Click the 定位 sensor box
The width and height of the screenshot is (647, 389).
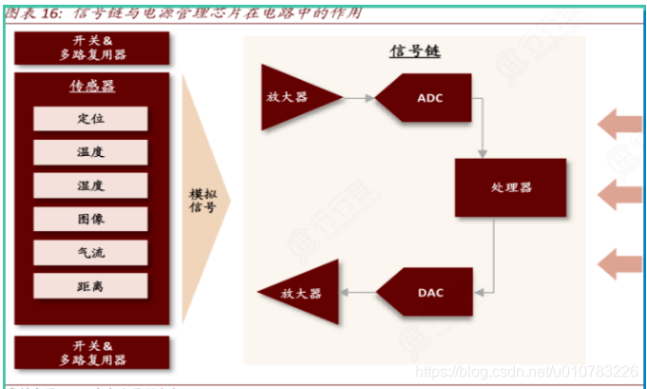coord(91,119)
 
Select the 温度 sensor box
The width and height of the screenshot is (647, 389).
coord(91,152)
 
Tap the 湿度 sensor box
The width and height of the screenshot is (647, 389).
coord(91,185)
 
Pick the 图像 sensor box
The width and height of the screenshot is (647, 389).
coord(91,219)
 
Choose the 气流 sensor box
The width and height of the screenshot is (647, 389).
coord(91,252)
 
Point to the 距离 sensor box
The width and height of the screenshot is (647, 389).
coord(91,285)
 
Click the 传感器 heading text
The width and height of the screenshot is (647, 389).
coord(91,87)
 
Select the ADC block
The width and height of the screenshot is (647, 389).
coord(426,97)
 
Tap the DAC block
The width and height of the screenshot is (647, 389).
coord(426,292)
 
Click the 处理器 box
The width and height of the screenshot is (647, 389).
coord(511,187)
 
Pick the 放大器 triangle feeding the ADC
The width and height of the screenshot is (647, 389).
coord(297,96)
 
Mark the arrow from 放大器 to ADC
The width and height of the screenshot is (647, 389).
coord(359,97)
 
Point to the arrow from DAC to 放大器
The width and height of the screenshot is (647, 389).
coord(360,292)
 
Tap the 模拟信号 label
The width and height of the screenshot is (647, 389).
coord(201,200)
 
